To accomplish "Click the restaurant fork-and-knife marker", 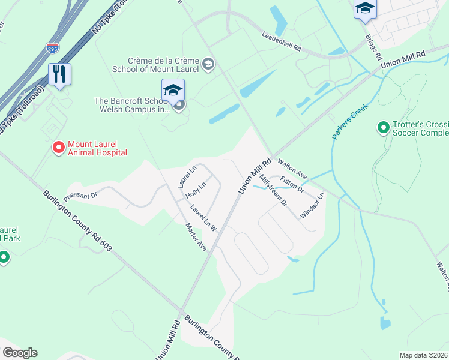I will click(59, 74).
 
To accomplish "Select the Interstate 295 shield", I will click(52, 47).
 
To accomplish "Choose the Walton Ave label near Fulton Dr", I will click(293, 169).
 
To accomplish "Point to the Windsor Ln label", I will click(312, 204).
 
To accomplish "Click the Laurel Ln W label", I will click(203, 217).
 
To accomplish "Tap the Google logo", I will click(20, 353).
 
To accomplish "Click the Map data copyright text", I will click(424, 355).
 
